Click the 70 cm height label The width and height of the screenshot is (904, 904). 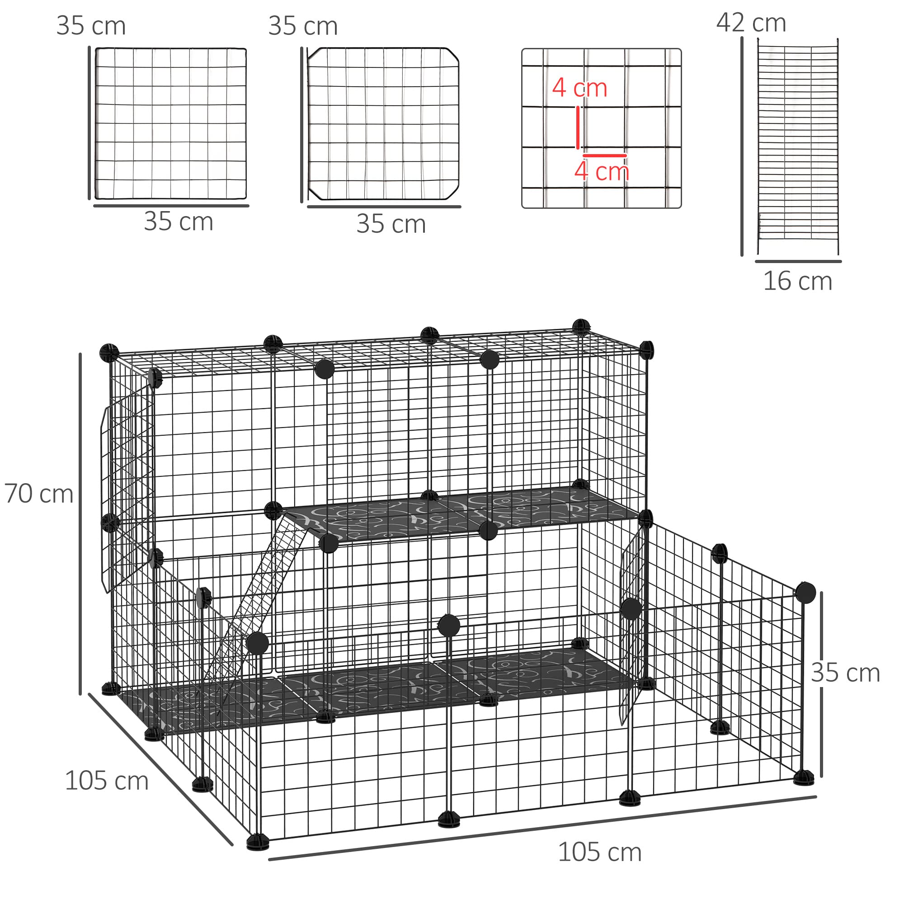click(39, 494)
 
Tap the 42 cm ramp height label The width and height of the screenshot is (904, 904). click(751, 23)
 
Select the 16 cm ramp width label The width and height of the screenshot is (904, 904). click(797, 281)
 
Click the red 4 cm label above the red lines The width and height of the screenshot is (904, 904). click(579, 88)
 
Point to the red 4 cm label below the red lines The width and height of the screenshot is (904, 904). click(602, 171)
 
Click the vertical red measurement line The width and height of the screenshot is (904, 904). click(578, 127)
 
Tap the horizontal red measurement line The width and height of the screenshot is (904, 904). click(604, 155)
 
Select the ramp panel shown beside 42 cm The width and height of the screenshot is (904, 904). click(797, 147)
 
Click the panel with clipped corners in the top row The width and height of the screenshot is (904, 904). click(383, 123)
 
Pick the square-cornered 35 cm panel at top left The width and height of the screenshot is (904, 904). click(171, 123)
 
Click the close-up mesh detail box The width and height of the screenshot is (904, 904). click(601, 128)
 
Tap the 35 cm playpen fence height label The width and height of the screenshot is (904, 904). click(845, 673)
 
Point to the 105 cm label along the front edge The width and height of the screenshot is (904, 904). click(599, 852)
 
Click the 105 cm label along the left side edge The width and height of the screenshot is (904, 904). click(107, 781)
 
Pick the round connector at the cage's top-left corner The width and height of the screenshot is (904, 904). click(109, 353)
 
